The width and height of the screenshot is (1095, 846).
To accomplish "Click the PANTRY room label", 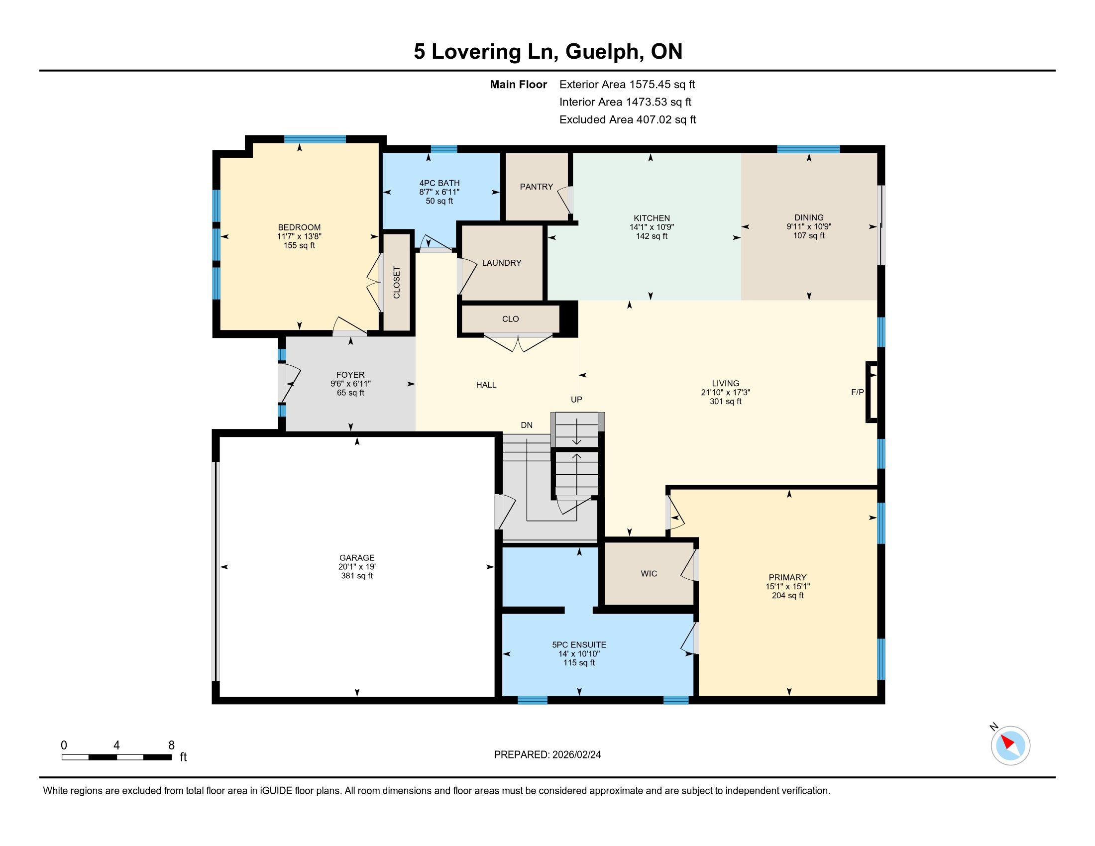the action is (536, 187).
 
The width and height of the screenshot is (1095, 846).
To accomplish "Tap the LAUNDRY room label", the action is (501, 263).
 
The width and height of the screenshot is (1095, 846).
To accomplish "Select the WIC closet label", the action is (649, 573).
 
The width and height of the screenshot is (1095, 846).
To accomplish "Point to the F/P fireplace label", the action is (858, 392).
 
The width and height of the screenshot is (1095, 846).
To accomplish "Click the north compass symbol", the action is (1010, 745).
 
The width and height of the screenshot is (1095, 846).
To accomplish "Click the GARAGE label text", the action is (356, 557).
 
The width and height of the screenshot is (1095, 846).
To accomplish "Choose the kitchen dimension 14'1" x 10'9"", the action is (652, 227).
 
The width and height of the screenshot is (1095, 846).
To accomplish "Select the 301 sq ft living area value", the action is (726, 402).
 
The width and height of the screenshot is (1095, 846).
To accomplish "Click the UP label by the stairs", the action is (576, 400).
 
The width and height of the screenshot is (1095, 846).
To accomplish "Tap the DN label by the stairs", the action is (527, 425).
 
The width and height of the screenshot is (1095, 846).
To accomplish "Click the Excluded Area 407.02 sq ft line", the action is (628, 120).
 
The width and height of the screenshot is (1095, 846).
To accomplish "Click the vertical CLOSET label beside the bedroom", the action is (397, 282).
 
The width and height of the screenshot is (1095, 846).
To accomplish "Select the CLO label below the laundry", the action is (510, 319).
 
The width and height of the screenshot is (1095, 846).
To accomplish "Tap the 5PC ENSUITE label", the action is (579, 645).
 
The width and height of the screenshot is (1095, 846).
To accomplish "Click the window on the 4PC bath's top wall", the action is (443, 149).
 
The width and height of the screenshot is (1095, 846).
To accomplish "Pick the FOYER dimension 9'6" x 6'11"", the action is (350, 384).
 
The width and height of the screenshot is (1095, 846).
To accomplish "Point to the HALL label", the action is (486, 385).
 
